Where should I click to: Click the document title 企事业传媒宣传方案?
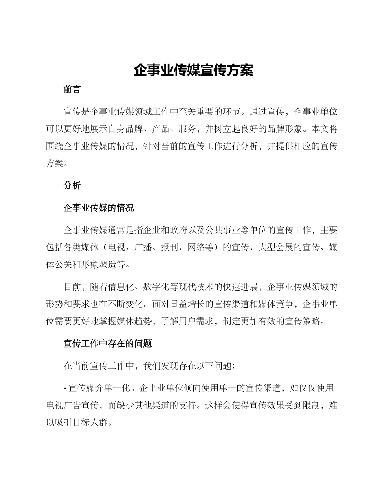(193, 70)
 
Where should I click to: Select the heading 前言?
(72, 90)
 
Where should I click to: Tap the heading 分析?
(72, 186)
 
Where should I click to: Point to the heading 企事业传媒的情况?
(99, 208)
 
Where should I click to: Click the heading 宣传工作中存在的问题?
(108, 343)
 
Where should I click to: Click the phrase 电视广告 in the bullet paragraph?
(63, 405)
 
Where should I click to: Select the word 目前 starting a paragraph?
(72, 287)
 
